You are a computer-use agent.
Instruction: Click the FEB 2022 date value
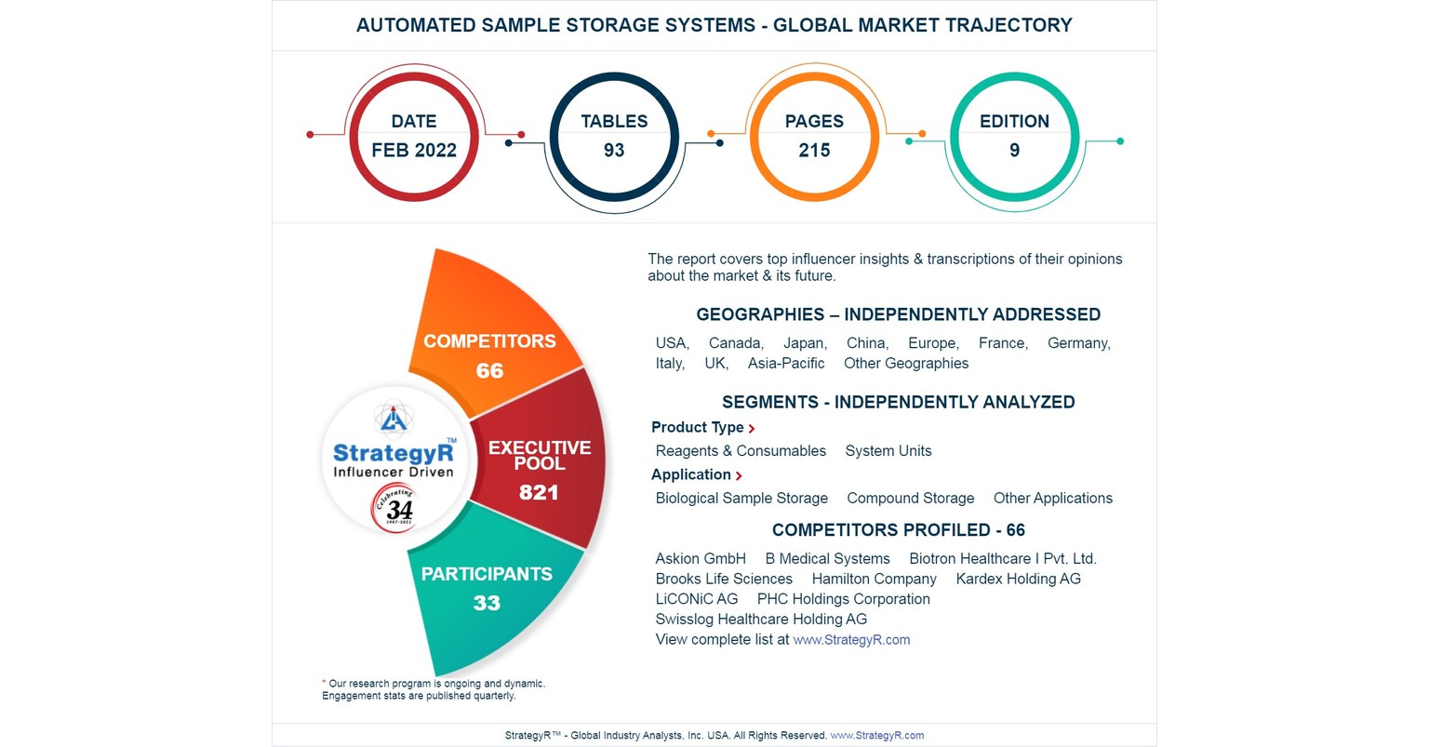(414, 151)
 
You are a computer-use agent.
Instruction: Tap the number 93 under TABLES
(614, 151)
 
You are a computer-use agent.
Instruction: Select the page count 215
(814, 151)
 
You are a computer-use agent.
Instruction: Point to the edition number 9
(1014, 151)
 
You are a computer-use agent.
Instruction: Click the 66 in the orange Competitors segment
(489, 371)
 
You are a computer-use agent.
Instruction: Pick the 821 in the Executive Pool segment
(539, 492)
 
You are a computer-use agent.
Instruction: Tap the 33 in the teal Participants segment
(487, 603)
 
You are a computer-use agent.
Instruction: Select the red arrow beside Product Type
(752, 429)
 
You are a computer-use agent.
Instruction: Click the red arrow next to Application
(739, 476)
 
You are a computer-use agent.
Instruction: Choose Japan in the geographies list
(805, 343)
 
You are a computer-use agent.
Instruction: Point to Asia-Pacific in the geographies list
(786, 364)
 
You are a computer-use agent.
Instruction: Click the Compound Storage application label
(910, 499)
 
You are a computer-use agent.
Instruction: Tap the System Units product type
(888, 451)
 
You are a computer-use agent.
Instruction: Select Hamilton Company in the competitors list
(874, 579)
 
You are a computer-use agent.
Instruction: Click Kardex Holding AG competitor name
(1018, 579)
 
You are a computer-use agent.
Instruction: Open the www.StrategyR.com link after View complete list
(851, 640)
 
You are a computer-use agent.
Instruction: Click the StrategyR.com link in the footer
(876, 736)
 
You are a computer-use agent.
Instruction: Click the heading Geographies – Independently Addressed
(898, 314)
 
